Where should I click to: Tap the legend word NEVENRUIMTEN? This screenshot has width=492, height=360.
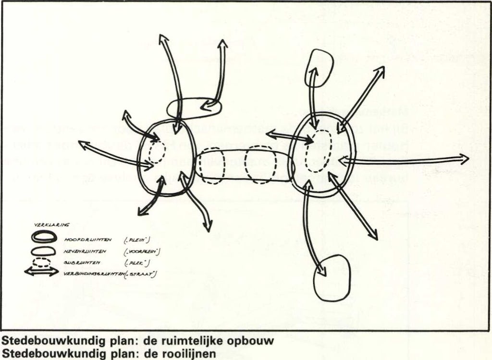pos(86,251)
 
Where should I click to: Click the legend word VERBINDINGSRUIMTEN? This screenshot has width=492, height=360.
pos(93,274)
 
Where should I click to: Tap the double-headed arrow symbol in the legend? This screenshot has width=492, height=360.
pos(41,271)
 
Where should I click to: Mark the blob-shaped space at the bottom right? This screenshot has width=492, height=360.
pos(332,277)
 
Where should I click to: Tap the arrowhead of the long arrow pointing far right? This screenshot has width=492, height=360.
pos(463,159)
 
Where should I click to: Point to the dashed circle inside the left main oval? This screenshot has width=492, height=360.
pos(156,153)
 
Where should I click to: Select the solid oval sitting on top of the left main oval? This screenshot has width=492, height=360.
pos(194,108)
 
